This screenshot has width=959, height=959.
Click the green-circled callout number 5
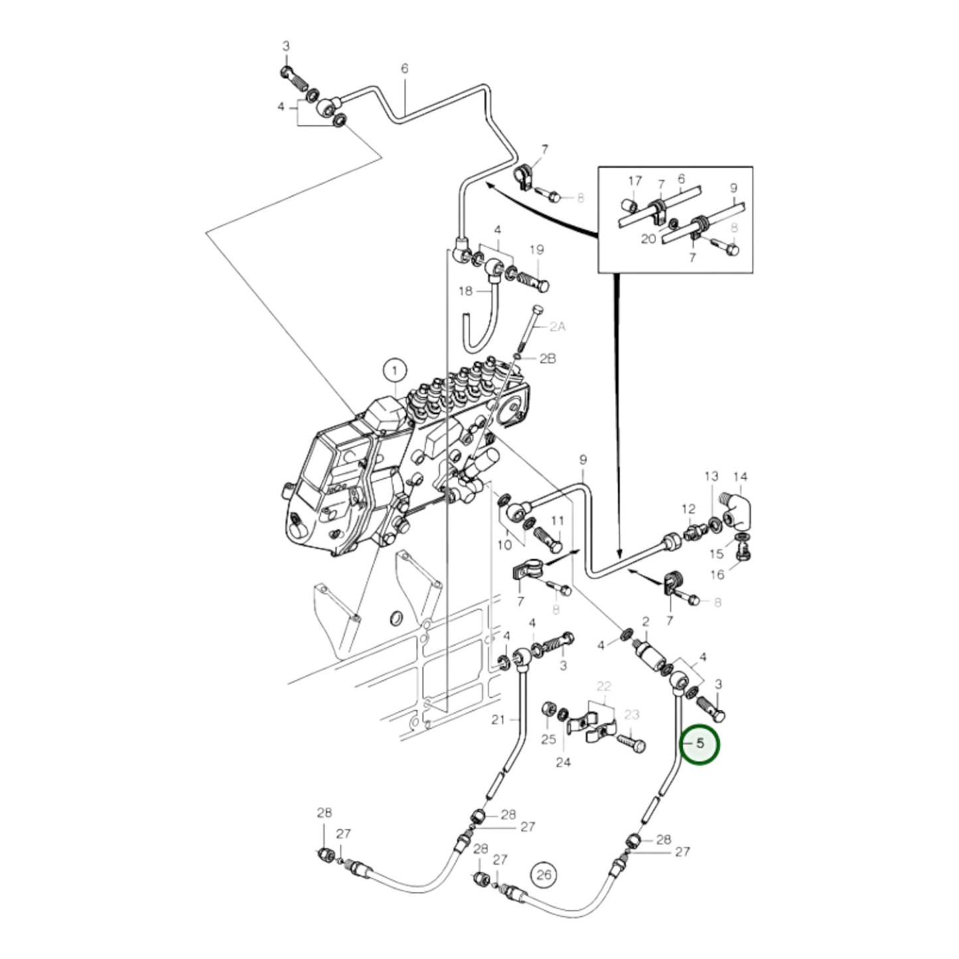[x=701, y=745]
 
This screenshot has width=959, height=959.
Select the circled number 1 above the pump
[x=395, y=369]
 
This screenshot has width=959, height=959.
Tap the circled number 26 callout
[x=544, y=875]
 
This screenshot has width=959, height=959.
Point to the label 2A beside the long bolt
[x=557, y=327]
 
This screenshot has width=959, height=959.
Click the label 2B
[x=547, y=358]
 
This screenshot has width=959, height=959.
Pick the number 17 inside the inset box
[x=635, y=181]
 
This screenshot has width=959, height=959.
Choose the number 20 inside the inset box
[x=648, y=239]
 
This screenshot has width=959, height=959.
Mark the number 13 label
[x=711, y=476]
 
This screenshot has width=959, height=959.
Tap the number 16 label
[x=717, y=575]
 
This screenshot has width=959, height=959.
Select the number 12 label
[x=688, y=509]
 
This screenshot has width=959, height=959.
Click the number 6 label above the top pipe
[x=404, y=68]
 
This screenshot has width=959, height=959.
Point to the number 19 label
[x=536, y=250]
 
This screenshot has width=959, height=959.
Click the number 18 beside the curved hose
[x=465, y=291]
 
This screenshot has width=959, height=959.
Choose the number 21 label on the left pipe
[x=498, y=719]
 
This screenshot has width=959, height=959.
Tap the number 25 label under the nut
[x=548, y=739]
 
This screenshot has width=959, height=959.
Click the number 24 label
[x=563, y=763]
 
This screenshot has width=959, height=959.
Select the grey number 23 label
[x=632, y=715]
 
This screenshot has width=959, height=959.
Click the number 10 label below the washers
[x=504, y=545]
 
